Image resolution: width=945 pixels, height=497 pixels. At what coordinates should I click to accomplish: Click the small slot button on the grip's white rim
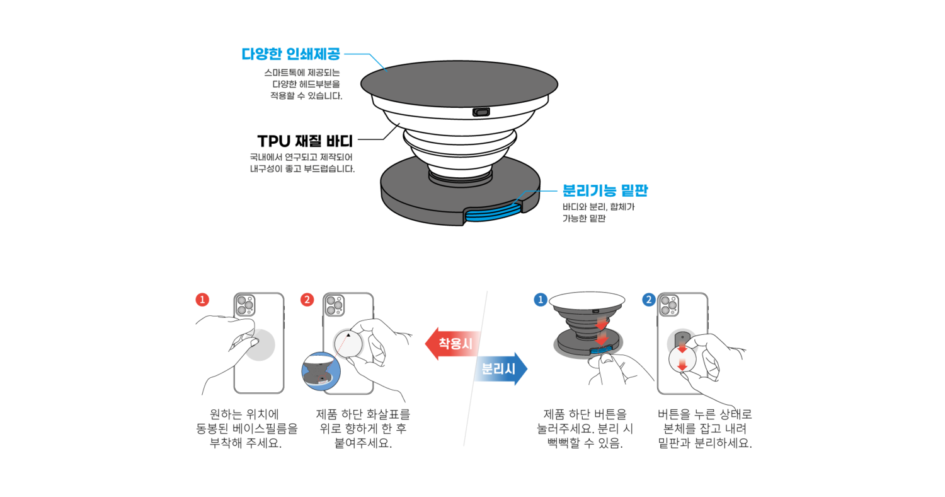(481, 112)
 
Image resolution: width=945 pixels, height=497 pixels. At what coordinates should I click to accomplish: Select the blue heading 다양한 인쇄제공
(291, 54)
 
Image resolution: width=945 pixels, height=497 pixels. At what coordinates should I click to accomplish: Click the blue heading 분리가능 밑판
(605, 190)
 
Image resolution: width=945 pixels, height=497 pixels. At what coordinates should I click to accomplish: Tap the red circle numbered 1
(202, 300)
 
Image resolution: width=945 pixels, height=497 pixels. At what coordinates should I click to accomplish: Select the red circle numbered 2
(307, 300)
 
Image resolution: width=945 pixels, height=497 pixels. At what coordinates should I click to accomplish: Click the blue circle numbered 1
(540, 300)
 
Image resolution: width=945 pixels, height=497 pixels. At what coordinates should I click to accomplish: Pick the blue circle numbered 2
(649, 300)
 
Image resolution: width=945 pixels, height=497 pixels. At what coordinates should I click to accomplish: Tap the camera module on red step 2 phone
(334, 306)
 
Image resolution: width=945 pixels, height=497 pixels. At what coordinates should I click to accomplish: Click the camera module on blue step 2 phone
(668, 306)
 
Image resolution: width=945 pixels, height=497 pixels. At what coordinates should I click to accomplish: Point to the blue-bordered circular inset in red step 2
(321, 371)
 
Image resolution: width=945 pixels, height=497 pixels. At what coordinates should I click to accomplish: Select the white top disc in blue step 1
(587, 301)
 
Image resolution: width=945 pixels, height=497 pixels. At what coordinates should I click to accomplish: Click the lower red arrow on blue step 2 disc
(682, 365)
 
